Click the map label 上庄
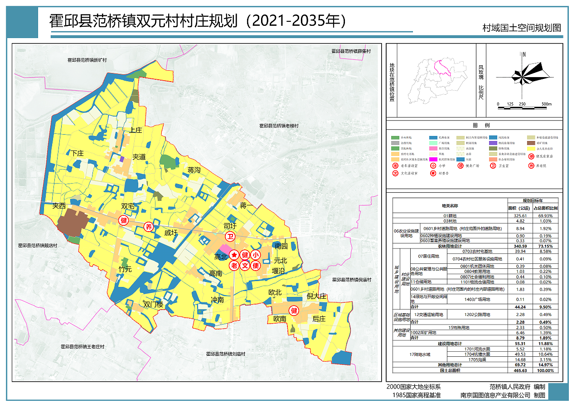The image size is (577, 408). point(136,130)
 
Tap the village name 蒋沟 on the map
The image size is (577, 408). point(194,170)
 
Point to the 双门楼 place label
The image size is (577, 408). point(153,304)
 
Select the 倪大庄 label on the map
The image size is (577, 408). point(316,296)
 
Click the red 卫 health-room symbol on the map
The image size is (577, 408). point(230,237)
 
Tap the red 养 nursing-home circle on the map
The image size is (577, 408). point(148,227)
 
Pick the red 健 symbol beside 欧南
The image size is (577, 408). point(294,311)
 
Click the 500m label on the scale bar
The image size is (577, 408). point(547,104)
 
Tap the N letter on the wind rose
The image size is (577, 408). point(524,54)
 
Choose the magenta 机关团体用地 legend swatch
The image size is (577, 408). point(434,160)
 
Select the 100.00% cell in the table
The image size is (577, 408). point(546,370)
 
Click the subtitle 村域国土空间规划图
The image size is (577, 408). point(522,28)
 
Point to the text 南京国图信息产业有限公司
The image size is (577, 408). point(495,395)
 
